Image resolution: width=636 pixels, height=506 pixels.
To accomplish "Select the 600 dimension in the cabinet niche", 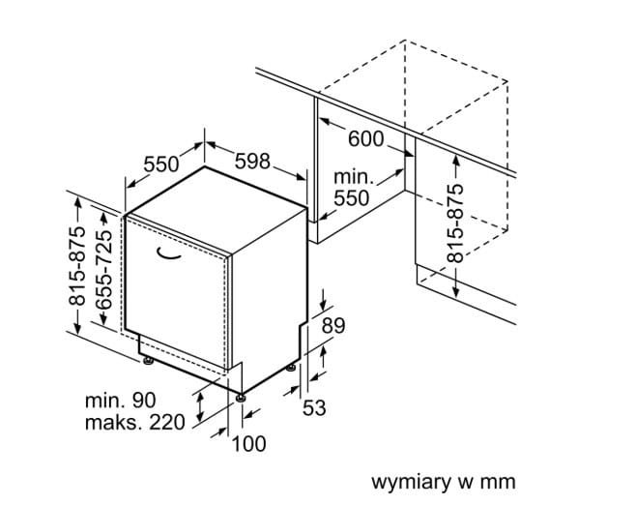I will (x=365, y=138).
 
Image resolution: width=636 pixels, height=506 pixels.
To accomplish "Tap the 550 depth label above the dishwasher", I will (x=162, y=164).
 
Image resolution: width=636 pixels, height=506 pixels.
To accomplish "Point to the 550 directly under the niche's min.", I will (x=352, y=199).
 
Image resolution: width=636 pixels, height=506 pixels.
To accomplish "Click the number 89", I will (x=332, y=326).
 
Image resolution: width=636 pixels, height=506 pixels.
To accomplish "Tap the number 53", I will (x=314, y=408).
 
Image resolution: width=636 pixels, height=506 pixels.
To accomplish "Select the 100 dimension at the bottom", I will (x=248, y=443).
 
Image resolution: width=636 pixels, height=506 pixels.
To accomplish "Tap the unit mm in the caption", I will (x=500, y=481).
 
